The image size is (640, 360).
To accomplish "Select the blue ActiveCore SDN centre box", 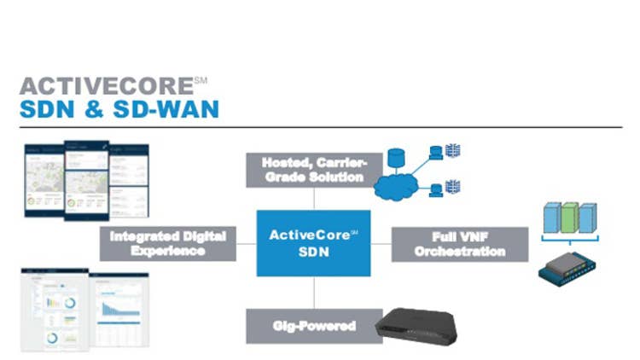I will (313, 242).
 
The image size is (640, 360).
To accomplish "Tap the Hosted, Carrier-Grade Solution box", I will (312, 170).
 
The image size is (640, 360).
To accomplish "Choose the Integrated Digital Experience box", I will (167, 243).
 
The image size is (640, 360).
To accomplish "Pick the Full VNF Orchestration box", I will (460, 243).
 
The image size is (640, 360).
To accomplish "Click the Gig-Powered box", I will (312, 326).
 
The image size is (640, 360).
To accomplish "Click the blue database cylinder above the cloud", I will (396, 159).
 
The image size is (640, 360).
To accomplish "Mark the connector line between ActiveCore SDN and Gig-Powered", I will (313, 293).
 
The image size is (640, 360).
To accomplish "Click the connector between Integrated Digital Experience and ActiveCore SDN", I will (245, 243).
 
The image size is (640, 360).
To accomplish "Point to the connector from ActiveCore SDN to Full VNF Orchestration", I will (381, 243).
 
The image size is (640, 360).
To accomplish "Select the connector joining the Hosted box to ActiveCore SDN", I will (313, 198).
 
